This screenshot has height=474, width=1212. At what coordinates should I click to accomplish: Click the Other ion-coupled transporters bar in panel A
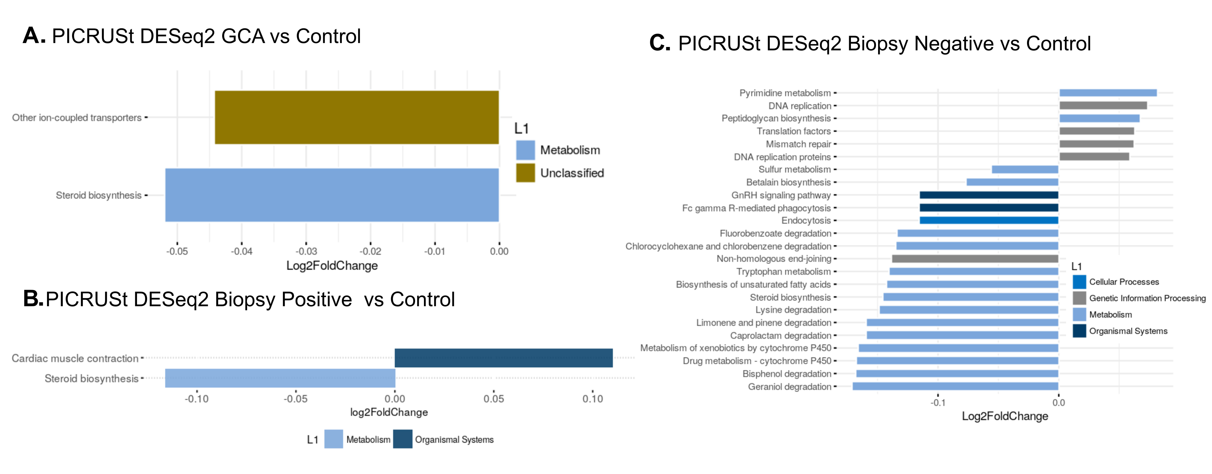tap(356, 117)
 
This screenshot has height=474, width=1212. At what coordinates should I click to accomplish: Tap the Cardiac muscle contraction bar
tap(503, 358)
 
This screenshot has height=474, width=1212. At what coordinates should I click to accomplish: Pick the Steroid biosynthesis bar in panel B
tap(280, 378)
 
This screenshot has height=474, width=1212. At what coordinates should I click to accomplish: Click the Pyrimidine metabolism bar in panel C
tap(1108, 93)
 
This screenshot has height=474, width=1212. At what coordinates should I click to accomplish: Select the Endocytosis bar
tap(989, 221)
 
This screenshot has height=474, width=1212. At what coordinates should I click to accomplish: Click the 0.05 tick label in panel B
tap(494, 399)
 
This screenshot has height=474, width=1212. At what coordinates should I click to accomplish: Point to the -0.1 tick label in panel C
tap(937, 403)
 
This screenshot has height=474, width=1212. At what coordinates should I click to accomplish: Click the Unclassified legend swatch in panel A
tap(525, 173)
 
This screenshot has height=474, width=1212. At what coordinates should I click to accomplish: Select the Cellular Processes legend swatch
tap(1079, 282)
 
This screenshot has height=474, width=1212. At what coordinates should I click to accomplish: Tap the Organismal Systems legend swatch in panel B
tap(403, 439)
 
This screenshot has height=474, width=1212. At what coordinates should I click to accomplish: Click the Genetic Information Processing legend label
tap(1147, 298)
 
